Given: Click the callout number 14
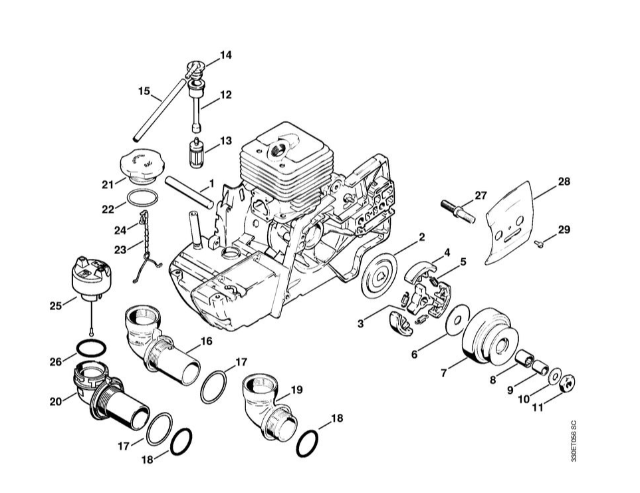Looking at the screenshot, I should (226, 55).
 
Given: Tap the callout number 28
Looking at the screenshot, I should (564, 181).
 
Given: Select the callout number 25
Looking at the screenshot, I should (56, 305).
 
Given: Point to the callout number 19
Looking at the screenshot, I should (296, 389).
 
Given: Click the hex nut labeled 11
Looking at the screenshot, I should (568, 382).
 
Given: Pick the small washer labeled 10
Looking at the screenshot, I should (554, 376).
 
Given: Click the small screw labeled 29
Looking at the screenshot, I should (541, 244).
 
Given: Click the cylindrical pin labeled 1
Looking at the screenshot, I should (189, 191).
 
